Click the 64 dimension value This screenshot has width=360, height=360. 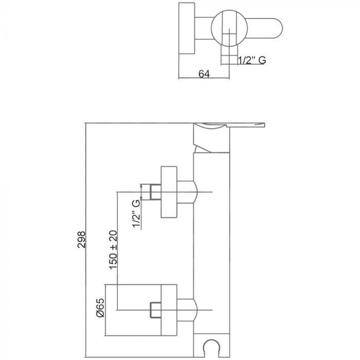pyautogui.click(x=204, y=74)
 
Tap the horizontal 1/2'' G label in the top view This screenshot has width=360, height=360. pyautogui.click(x=251, y=61)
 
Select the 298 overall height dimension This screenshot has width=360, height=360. pyautogui.click(x=82, y=240)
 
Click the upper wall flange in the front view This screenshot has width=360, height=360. pyautogui.click(x=169, y=192)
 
